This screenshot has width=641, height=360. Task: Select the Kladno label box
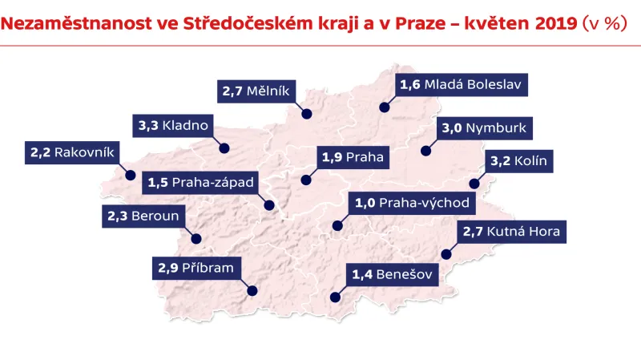click(x=174, y=126)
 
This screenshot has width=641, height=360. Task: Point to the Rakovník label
click(x=72, y=152)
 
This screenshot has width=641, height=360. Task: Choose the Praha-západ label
click(x=201, y=183)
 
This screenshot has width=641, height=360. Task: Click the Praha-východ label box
click(x=411, y=203)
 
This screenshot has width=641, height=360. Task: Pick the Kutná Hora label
click(x=512, y=233)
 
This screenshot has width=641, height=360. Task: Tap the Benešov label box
click(x=393, y=276)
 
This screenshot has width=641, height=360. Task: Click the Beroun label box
click(x=143, y=216)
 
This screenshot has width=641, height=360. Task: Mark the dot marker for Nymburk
click(x=426, y=150)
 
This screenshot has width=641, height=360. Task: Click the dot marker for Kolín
click(x=474, y=184)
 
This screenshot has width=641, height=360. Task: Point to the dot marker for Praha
click(x=305, y=180)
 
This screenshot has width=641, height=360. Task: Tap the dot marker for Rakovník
click(x=130, y=175)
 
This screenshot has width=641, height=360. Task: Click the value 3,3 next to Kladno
click(x=147, y=126)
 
